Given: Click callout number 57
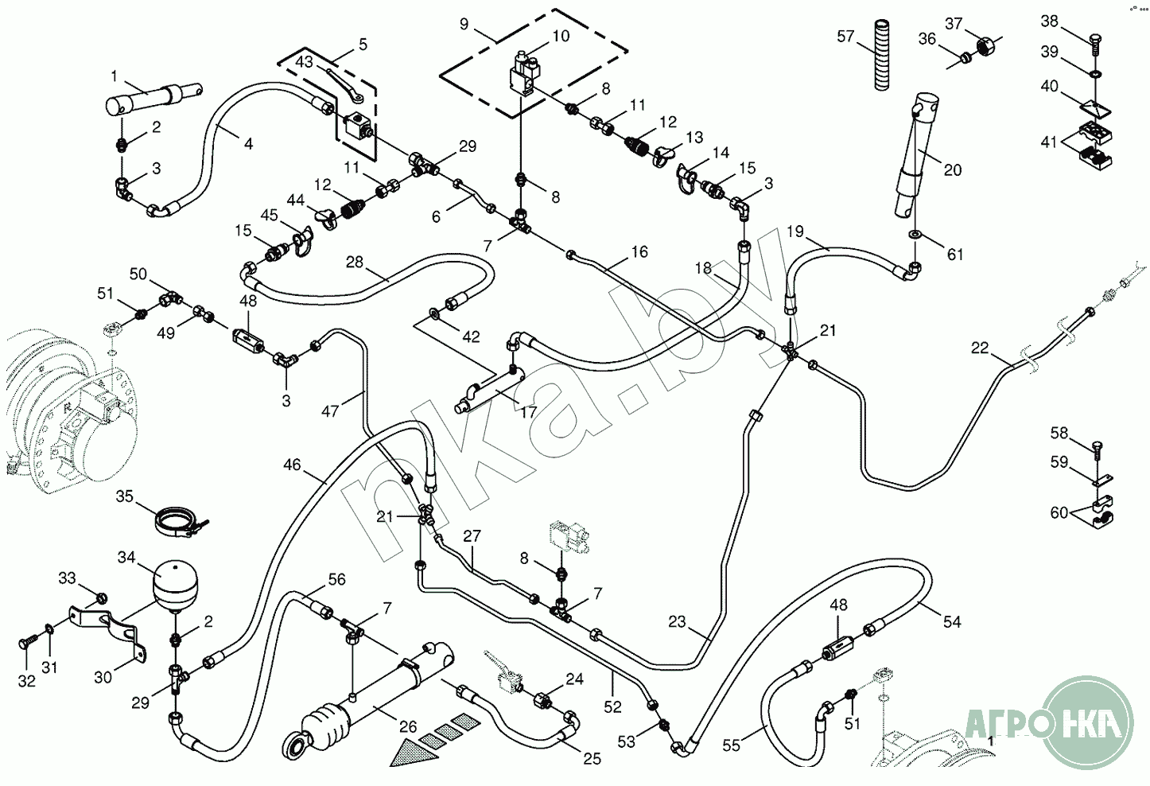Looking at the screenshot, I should coord(845,36).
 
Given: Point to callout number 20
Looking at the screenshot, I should coord(953,169).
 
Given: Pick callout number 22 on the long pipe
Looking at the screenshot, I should coord(980,348).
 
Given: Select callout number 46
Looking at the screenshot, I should coord(292,464).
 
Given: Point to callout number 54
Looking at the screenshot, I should coord(952,621).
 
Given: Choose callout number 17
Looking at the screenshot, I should coord(528,412).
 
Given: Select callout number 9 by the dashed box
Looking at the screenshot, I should coord(465,23).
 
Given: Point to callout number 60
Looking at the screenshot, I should coord(1059,513).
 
